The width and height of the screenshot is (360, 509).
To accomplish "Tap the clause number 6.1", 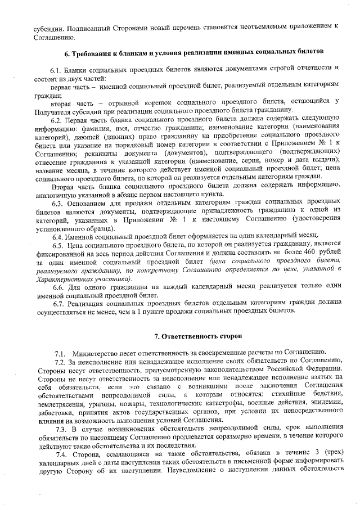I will (57, 68).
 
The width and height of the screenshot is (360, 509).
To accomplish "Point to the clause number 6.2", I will (57, 120).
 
